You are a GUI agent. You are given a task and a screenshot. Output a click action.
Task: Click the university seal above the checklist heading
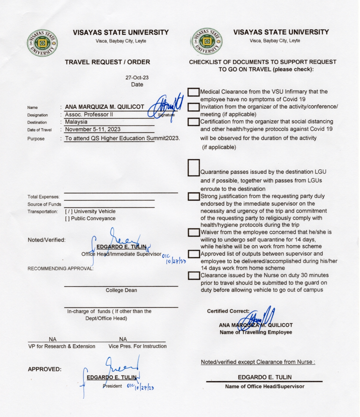[207, 41]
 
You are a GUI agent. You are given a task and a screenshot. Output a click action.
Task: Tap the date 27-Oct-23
[137, 78]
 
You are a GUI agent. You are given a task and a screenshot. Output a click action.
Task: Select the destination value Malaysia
[76, 122]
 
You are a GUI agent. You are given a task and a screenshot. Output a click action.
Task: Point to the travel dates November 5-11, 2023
[92, 130]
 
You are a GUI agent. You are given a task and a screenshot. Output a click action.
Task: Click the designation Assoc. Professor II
[89, 114]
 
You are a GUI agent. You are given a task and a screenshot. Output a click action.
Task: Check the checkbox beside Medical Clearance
[194, 92]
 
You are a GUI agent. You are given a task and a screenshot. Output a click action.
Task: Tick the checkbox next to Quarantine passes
[194, 168]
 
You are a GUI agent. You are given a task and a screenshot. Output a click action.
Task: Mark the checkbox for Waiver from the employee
[194, 232]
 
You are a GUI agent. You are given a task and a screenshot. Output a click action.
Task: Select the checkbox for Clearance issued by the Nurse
[194, 275]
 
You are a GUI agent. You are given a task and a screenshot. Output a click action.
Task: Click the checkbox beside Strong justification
[194, 196]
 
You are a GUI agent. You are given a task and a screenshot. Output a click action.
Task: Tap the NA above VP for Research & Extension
[53, 339]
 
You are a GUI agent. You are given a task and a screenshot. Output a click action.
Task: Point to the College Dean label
[121, 290]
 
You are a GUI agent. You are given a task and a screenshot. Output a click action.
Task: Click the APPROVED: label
[44, 369]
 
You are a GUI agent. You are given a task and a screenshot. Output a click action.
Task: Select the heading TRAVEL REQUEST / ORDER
[107, 62]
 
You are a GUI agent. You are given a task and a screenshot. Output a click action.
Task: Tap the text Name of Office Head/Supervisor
[264, 386]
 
